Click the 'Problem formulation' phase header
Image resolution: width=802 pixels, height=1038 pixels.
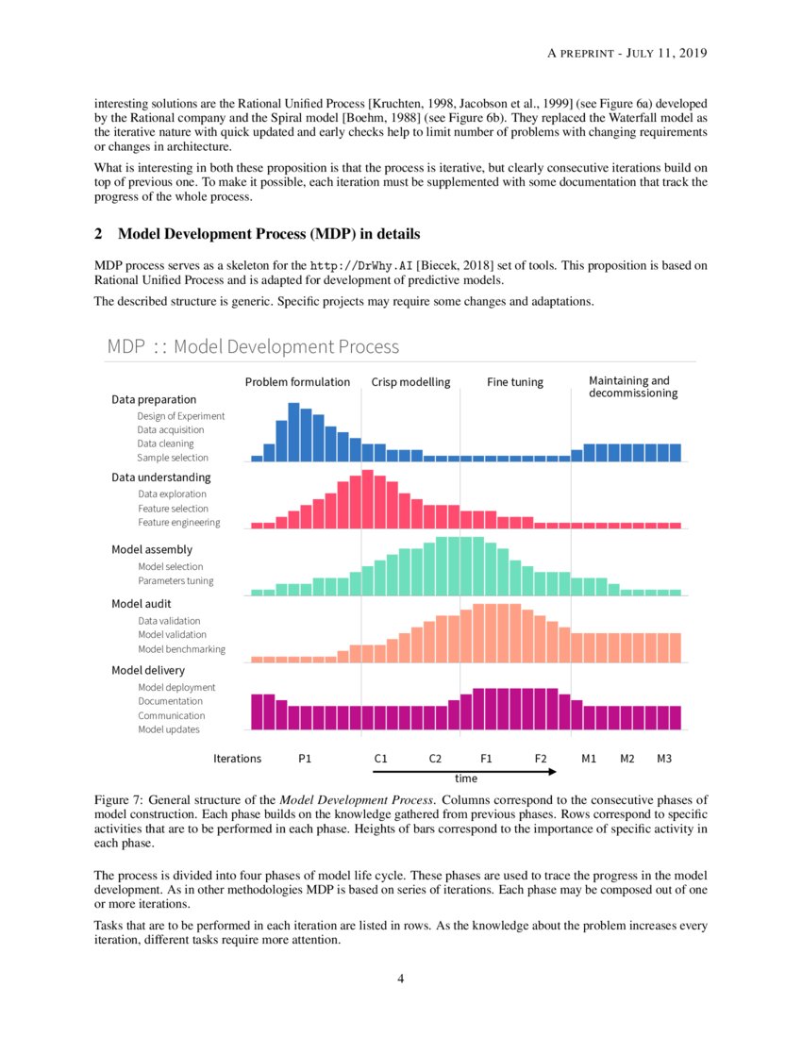tap(297, 382)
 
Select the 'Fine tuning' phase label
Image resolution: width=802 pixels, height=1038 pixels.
tap(515, 382)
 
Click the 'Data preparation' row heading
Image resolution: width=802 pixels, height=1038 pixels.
tap(154, 399)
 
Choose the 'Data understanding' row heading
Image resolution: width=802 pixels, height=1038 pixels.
tap(161, 477)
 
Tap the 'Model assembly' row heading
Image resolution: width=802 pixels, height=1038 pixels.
tap(152, 549)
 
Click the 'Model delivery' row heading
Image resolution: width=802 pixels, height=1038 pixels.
tap(148, 671)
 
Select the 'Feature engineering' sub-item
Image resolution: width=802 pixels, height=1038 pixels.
tap(179, 523)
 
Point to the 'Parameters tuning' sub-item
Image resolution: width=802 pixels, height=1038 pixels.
tap(175, 581)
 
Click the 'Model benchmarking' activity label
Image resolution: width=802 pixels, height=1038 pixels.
tap(181, 649)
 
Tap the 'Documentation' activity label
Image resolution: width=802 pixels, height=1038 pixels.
tap(170, 701)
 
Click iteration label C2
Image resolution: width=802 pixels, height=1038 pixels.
tap(435, 758)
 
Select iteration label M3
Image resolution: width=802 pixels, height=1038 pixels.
tap(664, 758)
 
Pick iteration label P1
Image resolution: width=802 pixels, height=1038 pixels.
tap(305, 758)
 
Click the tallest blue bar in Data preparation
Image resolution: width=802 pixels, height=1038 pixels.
tap(293, 432)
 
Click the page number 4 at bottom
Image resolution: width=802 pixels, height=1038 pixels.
tap(401, 979)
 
